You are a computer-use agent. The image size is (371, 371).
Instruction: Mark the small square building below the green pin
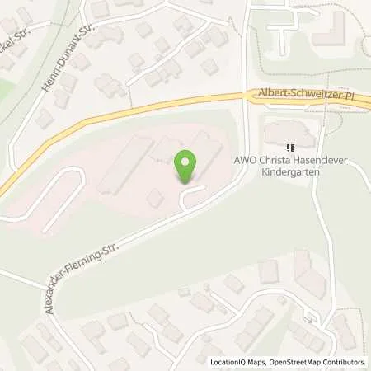pyautogui.click(x=153, y=198)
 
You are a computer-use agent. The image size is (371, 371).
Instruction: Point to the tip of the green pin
pyautogui.click(x=186, y=183)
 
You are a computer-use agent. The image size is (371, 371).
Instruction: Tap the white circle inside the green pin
pyautogui.click(x=186, y=162)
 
